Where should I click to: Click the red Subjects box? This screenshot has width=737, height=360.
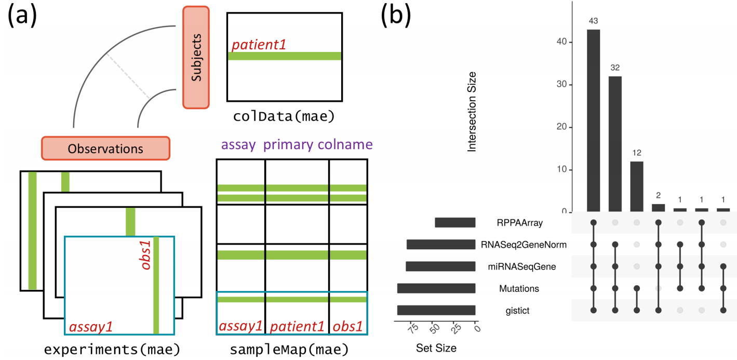point(196,57)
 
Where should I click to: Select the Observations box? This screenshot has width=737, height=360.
point(105,149)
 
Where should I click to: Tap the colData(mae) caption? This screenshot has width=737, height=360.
point(284,116)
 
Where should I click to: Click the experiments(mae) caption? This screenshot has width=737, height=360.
point(112,350)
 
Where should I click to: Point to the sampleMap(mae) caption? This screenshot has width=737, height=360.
point(289,350)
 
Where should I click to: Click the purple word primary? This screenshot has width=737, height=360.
point(288,145)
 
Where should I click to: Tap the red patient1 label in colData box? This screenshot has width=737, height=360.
point(259,45)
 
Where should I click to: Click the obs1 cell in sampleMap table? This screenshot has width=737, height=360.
point(348,326)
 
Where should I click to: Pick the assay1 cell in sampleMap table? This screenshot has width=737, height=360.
point(240,326)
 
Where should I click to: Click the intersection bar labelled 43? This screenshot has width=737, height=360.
point(594,121)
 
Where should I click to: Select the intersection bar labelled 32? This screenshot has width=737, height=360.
point(615,144)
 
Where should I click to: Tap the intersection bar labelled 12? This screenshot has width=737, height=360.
point(637,186)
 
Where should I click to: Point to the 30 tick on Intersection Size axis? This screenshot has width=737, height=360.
point(561,84)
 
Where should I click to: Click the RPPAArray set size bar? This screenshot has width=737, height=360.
point(455,222)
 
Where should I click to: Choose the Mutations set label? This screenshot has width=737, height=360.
point(519,289)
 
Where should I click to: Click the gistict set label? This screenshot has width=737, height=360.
point(517,311)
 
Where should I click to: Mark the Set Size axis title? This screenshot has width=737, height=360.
point(436,348)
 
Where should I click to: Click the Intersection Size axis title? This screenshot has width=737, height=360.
point(472,112)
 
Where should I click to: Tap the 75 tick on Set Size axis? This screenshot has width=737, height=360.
point(413,328)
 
